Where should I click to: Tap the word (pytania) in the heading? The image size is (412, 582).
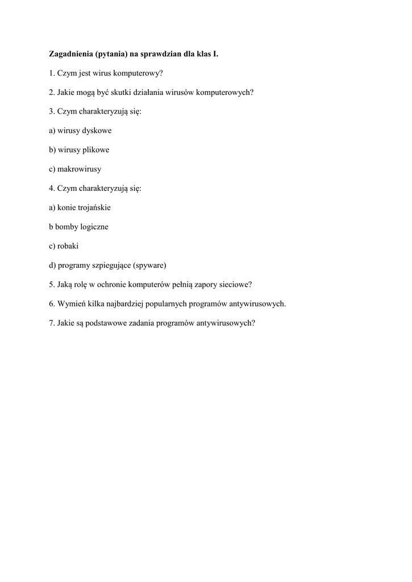click(111, 55)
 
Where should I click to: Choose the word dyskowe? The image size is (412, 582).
click(97, 131)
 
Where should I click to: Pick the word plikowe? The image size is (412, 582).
click(97, 150)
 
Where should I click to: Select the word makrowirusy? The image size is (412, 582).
click(80, 169)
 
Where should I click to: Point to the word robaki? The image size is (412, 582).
click(68, 246)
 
